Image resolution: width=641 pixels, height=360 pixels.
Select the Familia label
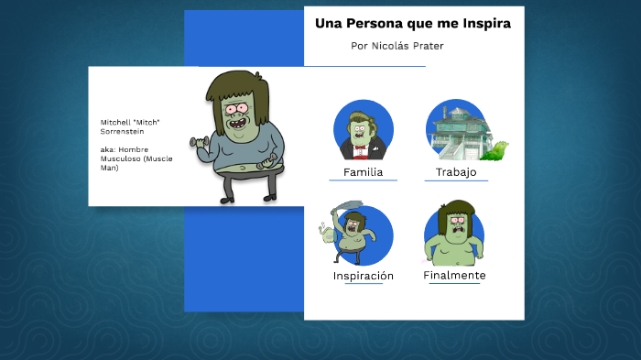pyautogui.click(x=363, y=172)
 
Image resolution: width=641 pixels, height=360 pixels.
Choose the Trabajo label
pyautogui.click(x=456, y=172)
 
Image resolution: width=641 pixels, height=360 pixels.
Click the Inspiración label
pyautogui.click(x=364, y=276)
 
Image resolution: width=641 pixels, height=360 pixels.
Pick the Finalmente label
pyautogui.click(x=454, y=275)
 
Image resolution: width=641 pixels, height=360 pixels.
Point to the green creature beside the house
pyautogui.click(x=497, y=150)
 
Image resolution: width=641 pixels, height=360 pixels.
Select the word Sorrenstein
pyautogui.click(x=122, y=131)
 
